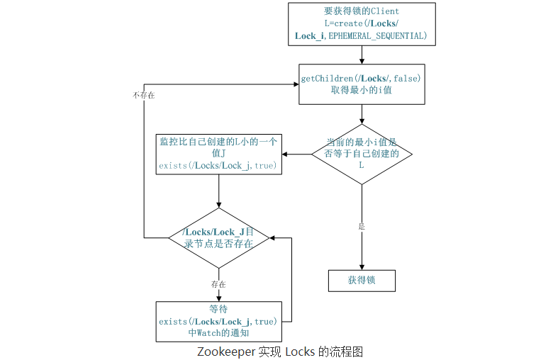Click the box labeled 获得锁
(362, 280)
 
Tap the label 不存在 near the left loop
(143, 94)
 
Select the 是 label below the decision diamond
(362, 227)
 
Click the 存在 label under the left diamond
(218, 284)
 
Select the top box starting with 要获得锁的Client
(362, 23)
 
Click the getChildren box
(362, 84)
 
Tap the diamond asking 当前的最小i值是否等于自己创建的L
(362, 153)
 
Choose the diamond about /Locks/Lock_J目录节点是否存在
(218, 237)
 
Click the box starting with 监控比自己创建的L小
(218, 153)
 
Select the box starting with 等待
(218, 321)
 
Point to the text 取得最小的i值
(362, 91)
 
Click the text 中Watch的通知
(218, 332)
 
